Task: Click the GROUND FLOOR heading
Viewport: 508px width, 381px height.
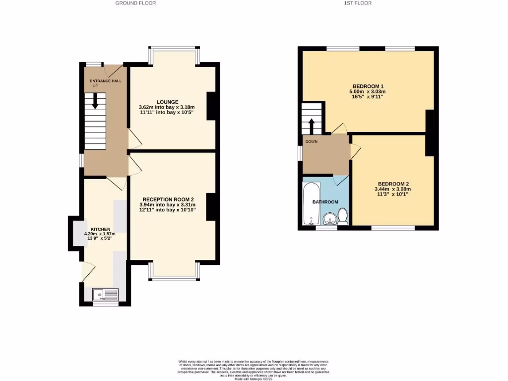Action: click(x=135, y=3)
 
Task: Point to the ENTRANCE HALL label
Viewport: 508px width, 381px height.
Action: click(x=105, y=81)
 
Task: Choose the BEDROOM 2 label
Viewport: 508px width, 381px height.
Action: click(x=393, y=183)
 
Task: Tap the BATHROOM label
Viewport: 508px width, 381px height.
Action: click(x=325, y=202)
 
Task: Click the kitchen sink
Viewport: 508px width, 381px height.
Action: click(x=105, y=295)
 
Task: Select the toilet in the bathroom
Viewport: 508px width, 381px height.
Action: click(x=342, y=216)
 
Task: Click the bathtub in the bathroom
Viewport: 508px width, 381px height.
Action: click(x=312, y=203)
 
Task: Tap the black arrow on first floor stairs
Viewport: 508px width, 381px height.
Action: click(x=312, y=125)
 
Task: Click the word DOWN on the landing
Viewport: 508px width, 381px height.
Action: click(x=311, y=141)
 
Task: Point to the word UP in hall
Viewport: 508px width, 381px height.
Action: click(x=95, y=86)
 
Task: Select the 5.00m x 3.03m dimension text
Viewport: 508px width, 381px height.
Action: click(x=368, y=91)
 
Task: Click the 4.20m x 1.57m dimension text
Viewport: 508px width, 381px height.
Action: click(x=100, y=234)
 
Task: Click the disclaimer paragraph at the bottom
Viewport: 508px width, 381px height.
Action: click(x=254, y=370)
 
